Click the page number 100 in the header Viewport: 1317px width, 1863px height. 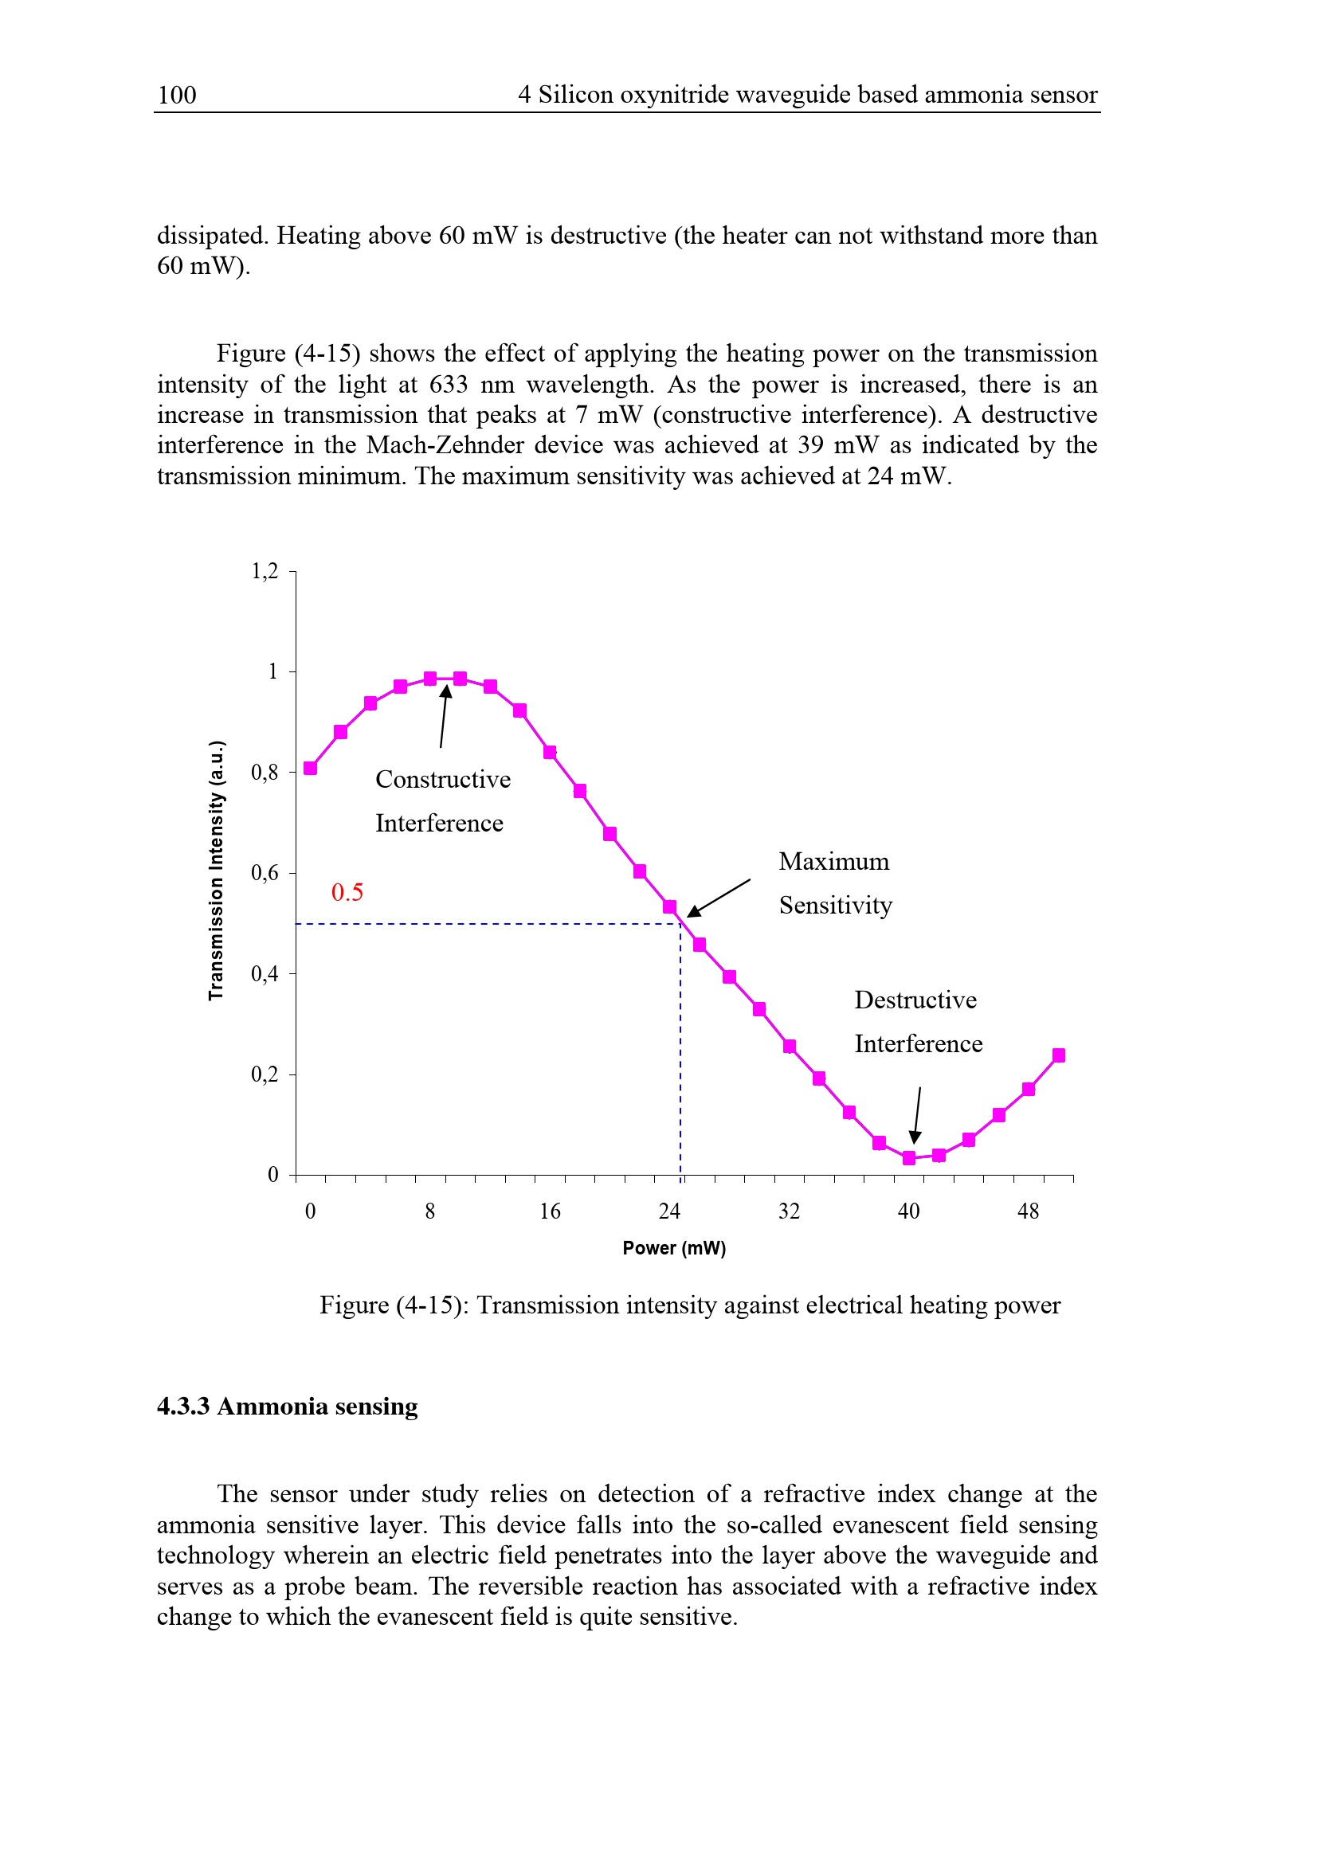point(176,95)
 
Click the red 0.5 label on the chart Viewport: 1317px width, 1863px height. point(347,892)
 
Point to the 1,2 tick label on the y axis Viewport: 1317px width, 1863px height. point(265,571)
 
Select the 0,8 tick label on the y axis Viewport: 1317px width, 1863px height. point(265,772)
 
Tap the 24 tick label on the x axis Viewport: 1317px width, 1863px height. point(669,1211)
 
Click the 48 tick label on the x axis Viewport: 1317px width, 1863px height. point(1028,1211)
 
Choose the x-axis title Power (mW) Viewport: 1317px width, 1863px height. point(674,1248)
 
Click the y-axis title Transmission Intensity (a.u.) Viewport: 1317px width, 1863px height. point(216,871)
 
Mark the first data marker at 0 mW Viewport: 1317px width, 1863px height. point(310,768)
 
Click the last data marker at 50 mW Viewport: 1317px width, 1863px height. point(1058,1055)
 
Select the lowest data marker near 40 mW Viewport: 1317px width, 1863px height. point(909,1158)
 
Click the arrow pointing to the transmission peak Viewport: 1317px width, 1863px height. point(443,716)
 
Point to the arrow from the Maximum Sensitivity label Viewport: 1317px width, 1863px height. point(718,898)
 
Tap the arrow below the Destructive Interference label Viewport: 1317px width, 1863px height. point(917,1115)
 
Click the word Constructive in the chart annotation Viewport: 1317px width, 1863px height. point(443,779)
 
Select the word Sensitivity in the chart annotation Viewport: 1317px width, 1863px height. point(836,905)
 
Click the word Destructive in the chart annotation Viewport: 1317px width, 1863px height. point(915,1000)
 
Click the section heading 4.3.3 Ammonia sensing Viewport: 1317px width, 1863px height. point(288,1406)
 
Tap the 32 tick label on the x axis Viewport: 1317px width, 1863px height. point(790,1211)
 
